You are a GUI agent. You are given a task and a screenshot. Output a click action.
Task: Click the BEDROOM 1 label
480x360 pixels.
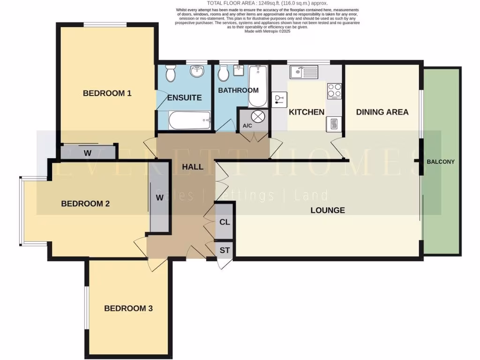107,93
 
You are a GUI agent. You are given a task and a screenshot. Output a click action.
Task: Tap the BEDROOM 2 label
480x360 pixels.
85,203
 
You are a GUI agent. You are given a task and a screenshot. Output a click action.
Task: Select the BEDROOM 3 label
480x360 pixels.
128,308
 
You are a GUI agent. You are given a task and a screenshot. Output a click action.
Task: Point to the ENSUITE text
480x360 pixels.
185,97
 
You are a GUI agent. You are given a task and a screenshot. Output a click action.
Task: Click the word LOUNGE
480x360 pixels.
328,210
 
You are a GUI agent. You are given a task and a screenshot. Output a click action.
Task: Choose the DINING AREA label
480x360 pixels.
382,112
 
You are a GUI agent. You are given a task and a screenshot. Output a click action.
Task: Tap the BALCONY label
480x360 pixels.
441,162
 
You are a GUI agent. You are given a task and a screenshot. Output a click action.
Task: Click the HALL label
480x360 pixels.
193,166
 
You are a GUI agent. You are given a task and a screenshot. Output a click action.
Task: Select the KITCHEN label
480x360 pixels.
306,112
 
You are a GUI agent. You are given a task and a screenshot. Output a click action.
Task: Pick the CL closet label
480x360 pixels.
225,222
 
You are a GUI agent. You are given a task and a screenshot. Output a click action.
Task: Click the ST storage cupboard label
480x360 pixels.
225,250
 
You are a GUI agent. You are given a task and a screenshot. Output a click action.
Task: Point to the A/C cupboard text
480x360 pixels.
247,126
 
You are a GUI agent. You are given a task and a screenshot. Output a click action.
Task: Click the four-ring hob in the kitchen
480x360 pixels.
334,90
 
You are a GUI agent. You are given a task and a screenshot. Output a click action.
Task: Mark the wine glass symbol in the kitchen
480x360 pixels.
279,99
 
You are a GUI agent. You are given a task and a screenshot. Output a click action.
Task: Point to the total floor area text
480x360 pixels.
267,3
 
